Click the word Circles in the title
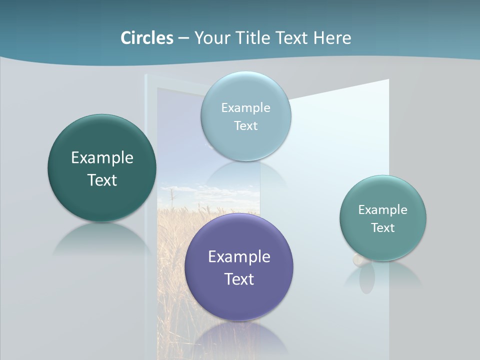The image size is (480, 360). (146, 38)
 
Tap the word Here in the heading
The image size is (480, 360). (332, 38)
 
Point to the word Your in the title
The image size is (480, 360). (212, 38)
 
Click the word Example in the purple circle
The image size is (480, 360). (239, 257)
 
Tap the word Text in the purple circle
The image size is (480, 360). (239, 279)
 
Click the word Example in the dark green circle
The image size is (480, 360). (102, 158)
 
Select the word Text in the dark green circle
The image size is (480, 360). (102, 180)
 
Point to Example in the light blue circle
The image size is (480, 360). (245, 107)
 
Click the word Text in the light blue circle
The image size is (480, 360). (245, 125)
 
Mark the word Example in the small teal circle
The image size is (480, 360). (383, 209)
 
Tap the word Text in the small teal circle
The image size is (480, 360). (383, 227)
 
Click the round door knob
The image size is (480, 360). (358, 259)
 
